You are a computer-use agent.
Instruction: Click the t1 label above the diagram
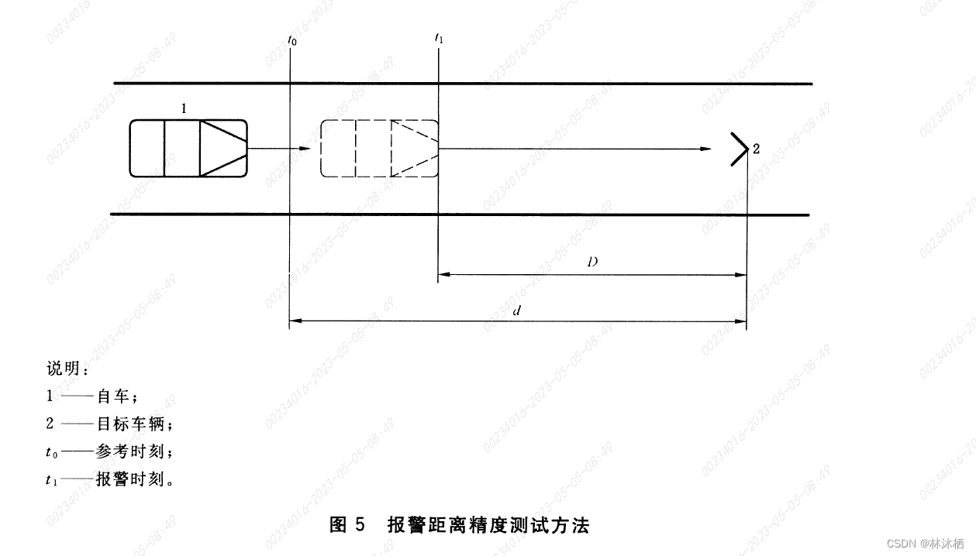[440, 38]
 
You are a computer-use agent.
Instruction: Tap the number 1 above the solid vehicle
[184, 109]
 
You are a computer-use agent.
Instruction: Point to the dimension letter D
[591, 263]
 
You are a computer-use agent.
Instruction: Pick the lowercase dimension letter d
[516, 310]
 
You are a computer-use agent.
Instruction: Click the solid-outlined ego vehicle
[188, 148]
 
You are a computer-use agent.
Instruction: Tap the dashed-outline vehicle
[379, 148]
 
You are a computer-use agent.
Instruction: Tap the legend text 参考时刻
[129, 451]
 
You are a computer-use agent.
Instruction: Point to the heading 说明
[67, 369]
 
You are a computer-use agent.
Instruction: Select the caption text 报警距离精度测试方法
[488, 526]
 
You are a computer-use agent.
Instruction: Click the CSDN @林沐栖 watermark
[929, 543]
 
